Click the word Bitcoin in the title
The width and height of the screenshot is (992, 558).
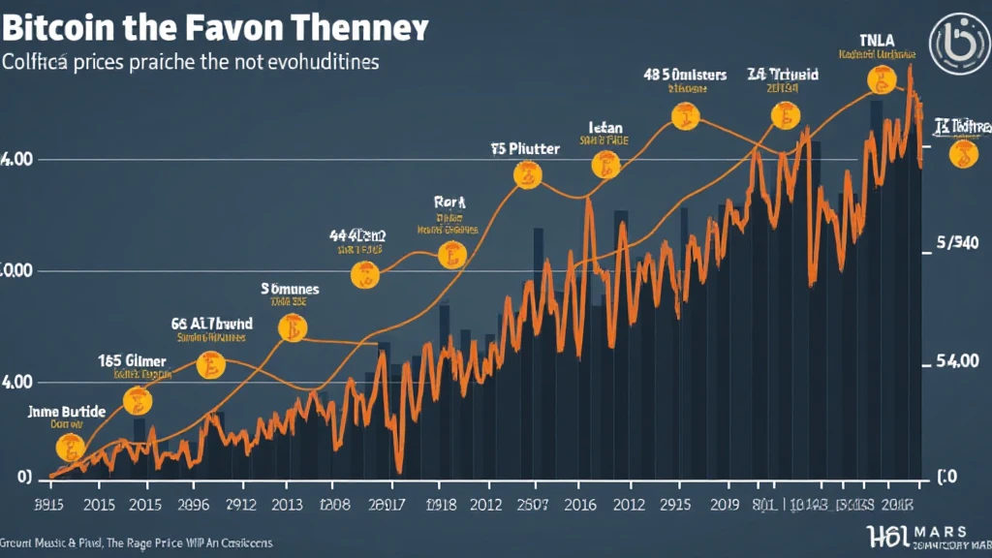click(59, 26)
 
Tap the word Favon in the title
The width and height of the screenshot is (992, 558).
click(236, 26)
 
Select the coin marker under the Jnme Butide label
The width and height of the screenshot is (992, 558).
click(69, 447)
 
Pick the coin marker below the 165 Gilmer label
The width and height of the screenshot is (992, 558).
click(138, 399)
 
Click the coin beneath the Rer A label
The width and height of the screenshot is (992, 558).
click(451, 256)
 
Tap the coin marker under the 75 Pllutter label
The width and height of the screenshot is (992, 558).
click(527, 175)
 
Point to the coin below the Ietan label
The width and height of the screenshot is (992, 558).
click(606, 167)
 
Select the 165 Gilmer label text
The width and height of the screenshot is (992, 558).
click(132, 360)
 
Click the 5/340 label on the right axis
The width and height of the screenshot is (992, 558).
click(959, 245)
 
